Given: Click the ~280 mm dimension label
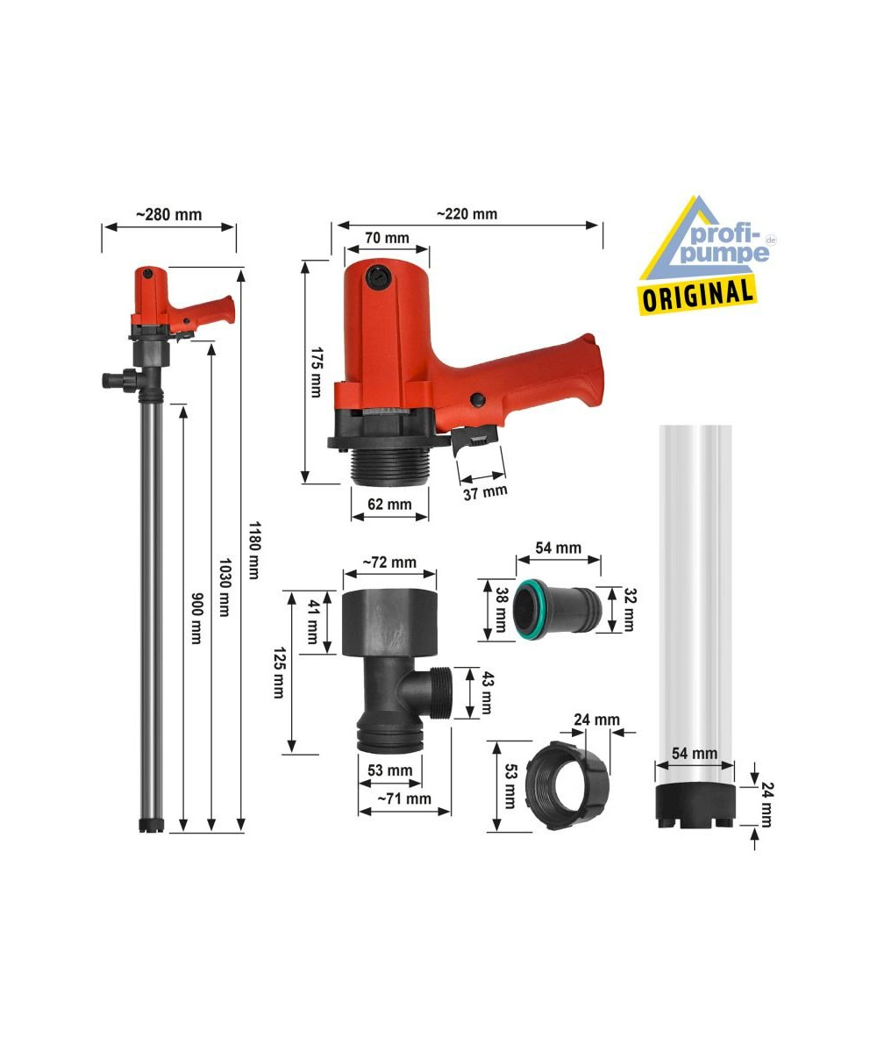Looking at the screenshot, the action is click(x=169, y=215).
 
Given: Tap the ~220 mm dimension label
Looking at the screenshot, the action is click(x=467, y=214).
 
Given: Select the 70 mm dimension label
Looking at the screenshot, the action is click(x=387, y=238).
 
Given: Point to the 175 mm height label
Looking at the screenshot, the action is click(x=317, y=372).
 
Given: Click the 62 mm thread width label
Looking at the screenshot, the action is click(x=389, y=504).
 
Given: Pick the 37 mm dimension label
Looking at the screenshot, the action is click(x=485, y=492).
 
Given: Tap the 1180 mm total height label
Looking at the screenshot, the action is click(x=254, y=551).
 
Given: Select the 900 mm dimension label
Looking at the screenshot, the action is click(x=196, y=618).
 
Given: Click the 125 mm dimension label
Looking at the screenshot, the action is click(x=279, y=673).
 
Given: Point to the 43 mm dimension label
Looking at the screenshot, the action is click(x=487, y=692).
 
